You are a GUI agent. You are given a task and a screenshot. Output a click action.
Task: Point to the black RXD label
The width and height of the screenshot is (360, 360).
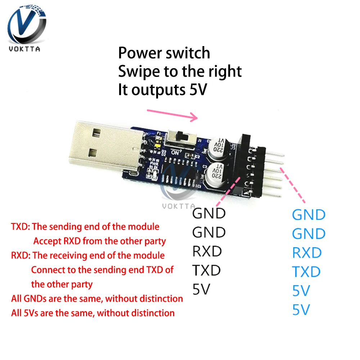click(207, 251)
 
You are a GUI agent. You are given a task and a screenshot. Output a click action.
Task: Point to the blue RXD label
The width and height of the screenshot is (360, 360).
click(307, 253)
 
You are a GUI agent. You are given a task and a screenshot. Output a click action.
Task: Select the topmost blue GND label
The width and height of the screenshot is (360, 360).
click(309, 215)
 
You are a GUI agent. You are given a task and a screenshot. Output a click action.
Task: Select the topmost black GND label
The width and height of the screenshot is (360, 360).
click(209, 213)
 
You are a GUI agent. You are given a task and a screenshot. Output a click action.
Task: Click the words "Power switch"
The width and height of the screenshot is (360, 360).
click(164, 53)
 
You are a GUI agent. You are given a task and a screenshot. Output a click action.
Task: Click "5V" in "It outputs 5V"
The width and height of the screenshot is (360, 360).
click(198, 90)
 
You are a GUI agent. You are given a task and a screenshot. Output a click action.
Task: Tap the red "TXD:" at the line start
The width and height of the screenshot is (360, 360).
click(21, 227)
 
